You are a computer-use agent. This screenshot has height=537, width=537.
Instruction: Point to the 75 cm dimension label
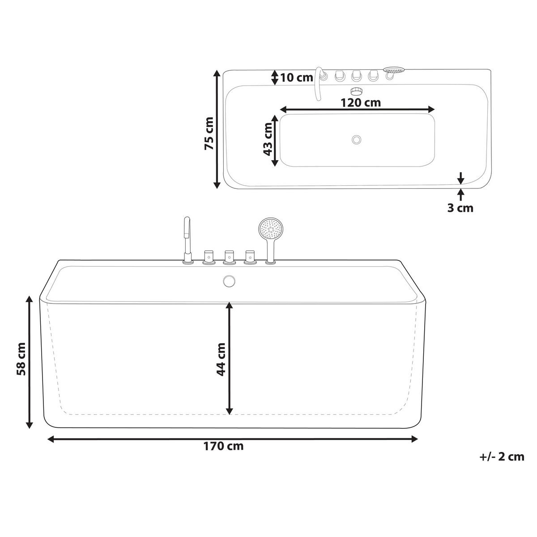click(x=209, y=133)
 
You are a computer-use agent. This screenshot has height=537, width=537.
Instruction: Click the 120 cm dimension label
click(x=360, y=102)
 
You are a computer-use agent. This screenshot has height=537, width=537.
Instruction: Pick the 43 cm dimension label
click(x=268, y=139)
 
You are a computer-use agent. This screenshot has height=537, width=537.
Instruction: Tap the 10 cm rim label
click(x=296, y=77)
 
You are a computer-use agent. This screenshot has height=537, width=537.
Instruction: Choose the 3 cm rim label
click(x=460, y=208)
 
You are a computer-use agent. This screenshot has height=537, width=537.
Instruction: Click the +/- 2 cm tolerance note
click(x=501, y=457)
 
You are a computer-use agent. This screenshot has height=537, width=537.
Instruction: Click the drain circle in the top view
click(x=357, y=140)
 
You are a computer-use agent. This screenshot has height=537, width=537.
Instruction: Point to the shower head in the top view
click(x=394, y=71)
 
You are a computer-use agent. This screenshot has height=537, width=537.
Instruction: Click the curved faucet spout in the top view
click(x=319, y=83)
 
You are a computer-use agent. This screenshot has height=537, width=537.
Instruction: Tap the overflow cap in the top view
click(x=357, y=91)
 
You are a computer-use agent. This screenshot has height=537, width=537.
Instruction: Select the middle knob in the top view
click(x=357, y=76)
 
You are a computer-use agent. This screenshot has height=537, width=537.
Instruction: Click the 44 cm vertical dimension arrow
click(x=230, y=358)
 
